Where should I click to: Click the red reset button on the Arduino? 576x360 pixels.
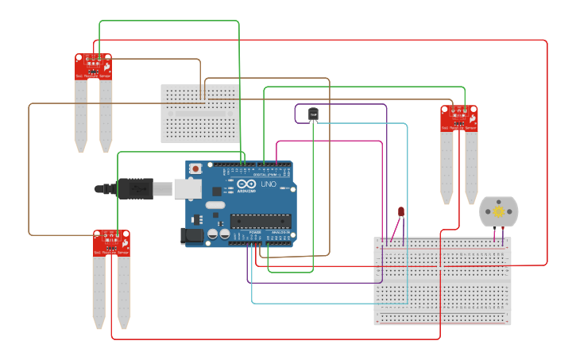tap(195, 168)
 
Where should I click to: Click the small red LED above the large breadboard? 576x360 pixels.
tap(401, 211)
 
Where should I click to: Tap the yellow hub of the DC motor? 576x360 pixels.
tap(499, 211)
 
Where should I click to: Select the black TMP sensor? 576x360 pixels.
tap(313, 114)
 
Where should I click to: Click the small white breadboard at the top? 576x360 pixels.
tap(200, 113)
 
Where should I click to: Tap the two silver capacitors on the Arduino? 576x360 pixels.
tap(218, 234)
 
